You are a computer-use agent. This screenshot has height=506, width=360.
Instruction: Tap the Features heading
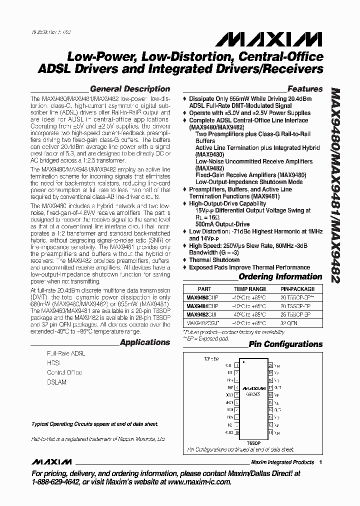pos(304,89)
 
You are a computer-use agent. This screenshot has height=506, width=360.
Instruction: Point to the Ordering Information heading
pos(280,276)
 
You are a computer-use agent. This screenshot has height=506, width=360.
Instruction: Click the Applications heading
pos(145,342)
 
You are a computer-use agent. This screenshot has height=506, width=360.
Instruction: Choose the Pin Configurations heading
pos(285,344)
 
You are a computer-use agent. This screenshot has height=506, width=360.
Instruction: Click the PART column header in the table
pos(204,289)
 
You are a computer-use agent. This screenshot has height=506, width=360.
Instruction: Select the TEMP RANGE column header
pos(249,289)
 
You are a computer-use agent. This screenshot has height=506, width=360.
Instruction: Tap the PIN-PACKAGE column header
pos(297,289)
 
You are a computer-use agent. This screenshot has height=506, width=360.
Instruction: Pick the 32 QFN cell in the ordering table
pos(297,323)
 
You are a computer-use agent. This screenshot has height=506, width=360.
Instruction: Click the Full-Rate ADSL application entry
pos(66,353)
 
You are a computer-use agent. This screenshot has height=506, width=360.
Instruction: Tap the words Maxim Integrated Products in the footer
pos(282,462)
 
